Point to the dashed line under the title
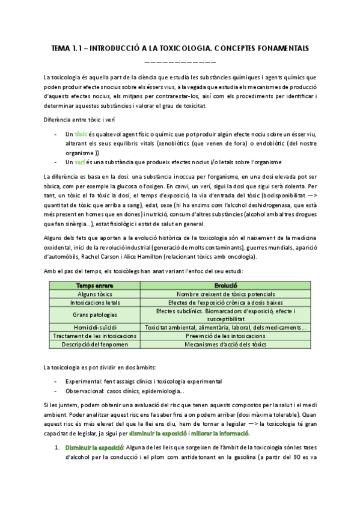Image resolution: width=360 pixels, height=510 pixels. pyautogui.click(x=180, y=62)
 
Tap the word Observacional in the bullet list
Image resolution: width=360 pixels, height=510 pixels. pyautogui.click(x=85, y=392)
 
